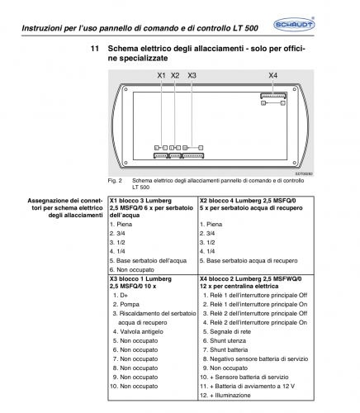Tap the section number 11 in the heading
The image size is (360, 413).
[94, 49]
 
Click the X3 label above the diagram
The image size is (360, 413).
[192, 75]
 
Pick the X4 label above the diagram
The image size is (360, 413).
[273, 75]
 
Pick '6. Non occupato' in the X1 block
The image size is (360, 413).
[132, 269]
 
